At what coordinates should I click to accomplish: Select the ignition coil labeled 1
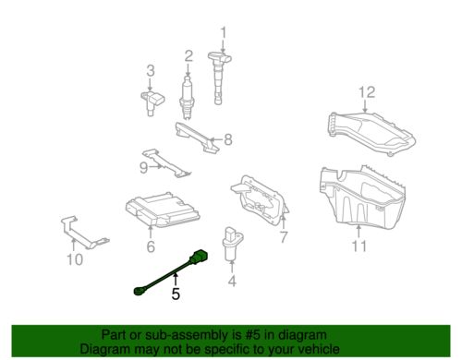218,78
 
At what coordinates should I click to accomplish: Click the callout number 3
151,71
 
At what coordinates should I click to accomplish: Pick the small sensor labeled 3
152,102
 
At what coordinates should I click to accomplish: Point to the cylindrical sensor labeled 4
232,243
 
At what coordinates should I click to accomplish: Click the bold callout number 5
176,294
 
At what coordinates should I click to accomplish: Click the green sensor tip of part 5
138,290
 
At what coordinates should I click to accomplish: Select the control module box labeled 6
163,210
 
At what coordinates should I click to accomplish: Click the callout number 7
284,237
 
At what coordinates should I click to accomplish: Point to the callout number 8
228,139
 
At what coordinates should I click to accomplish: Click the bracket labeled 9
166,163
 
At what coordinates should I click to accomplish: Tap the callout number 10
75,259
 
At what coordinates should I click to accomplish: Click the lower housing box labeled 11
362,197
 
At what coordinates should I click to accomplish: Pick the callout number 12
367,92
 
